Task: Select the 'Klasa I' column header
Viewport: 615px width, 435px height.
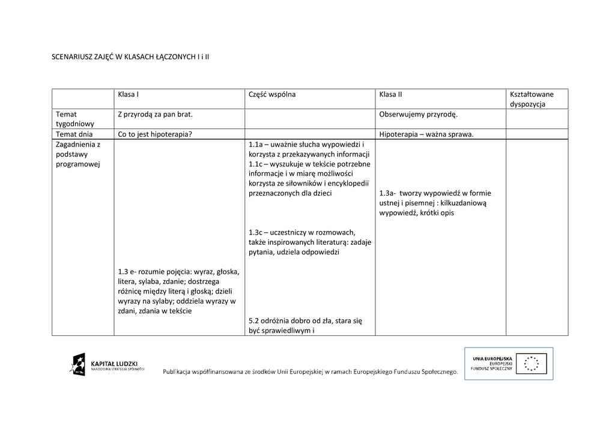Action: click(x=129, y=94)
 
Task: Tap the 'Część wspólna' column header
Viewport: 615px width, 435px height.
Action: click(x=271, y=94)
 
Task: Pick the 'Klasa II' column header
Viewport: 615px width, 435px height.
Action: click(x=390, y=94)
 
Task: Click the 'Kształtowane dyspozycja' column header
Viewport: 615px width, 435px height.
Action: click(x=532, y=99)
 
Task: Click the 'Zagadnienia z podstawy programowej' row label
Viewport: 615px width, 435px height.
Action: click(x=78, y=154)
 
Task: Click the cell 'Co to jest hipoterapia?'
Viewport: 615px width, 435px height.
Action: click(x=155, y=134)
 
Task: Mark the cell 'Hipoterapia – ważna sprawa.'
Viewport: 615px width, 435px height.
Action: click(x=426, y=134)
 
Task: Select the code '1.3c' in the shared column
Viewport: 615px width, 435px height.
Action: click(x=256, y=232)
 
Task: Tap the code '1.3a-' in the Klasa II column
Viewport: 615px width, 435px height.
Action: click(x=388, y=193)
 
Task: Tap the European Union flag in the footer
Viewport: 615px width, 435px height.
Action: click(x=535, y=363)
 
